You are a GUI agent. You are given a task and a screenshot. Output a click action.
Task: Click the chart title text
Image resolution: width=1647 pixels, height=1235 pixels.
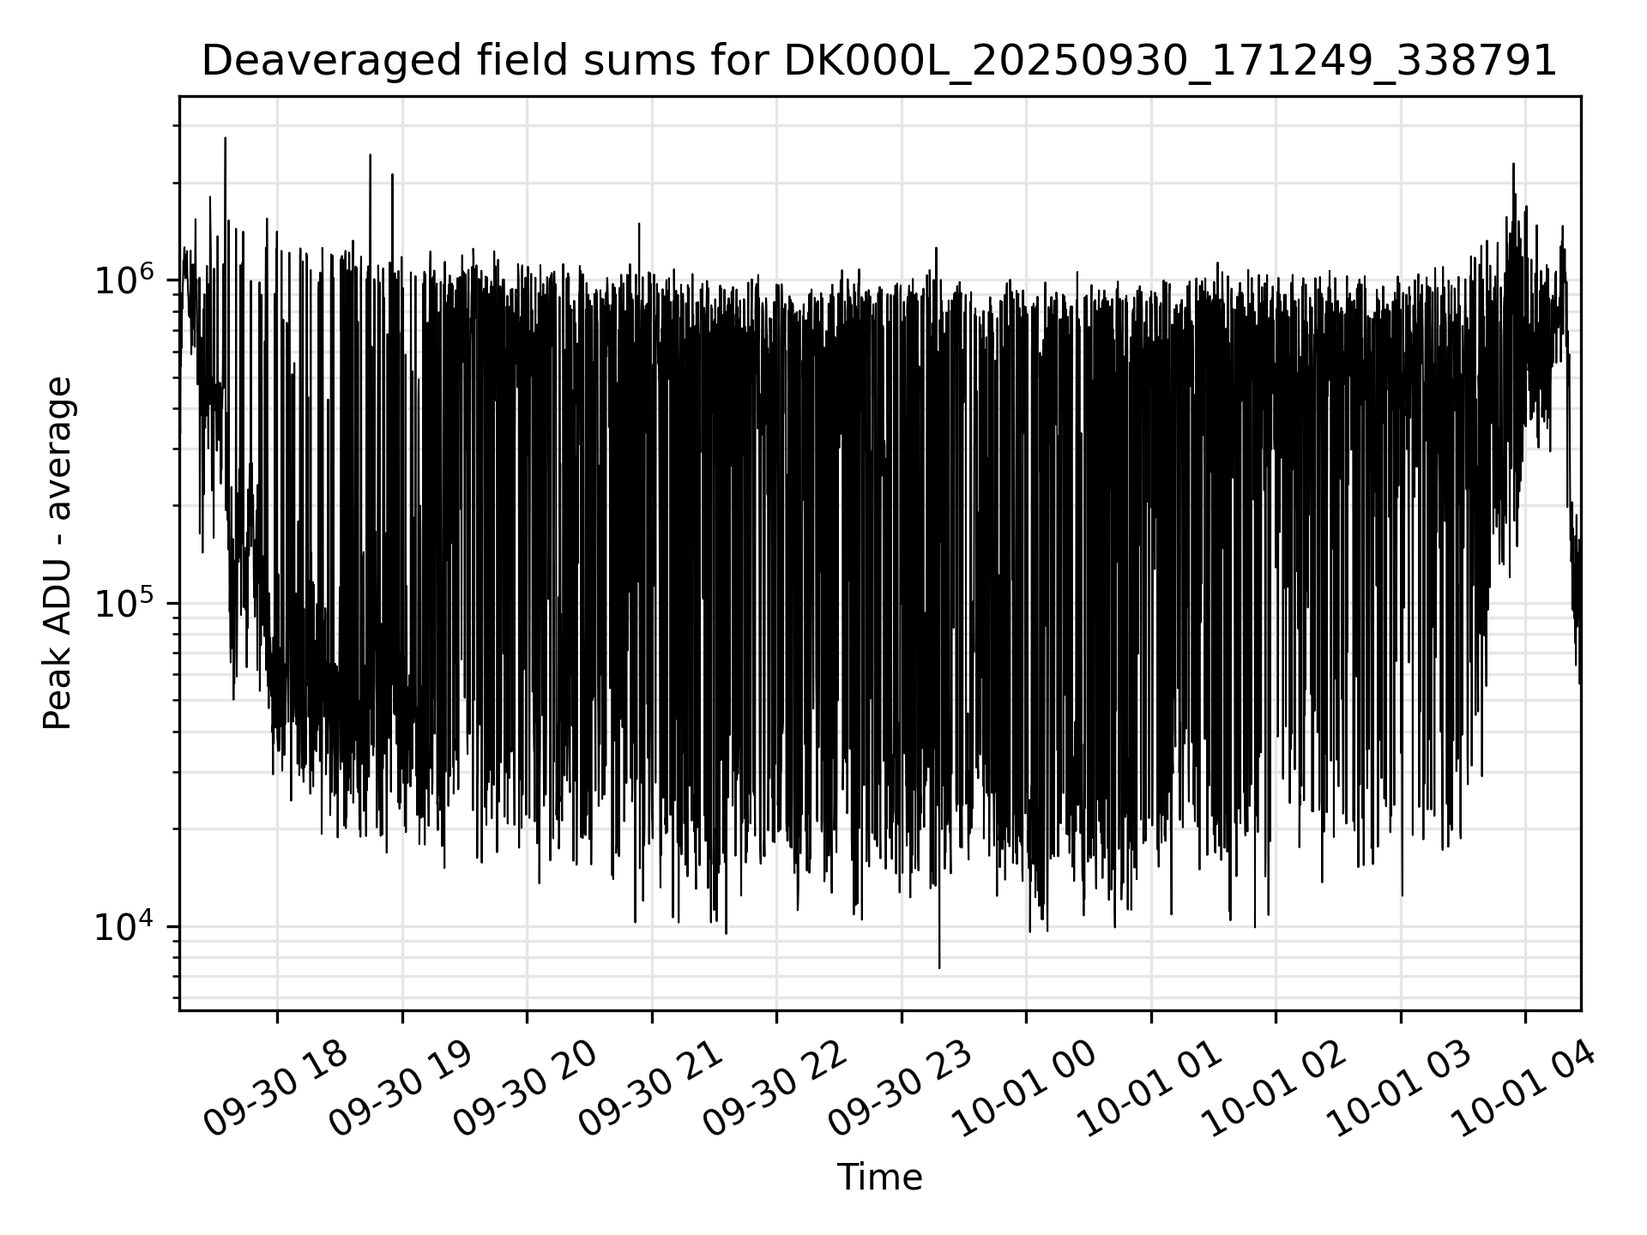878,62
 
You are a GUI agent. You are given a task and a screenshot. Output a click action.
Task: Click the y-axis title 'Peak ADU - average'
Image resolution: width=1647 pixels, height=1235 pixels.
58,553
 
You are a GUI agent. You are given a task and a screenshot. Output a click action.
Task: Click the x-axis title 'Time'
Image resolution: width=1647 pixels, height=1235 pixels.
879,1178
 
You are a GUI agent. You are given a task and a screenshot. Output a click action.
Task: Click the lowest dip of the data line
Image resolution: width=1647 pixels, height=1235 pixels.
939,967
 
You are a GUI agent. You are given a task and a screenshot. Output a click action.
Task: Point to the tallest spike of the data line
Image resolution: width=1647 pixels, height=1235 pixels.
225,138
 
